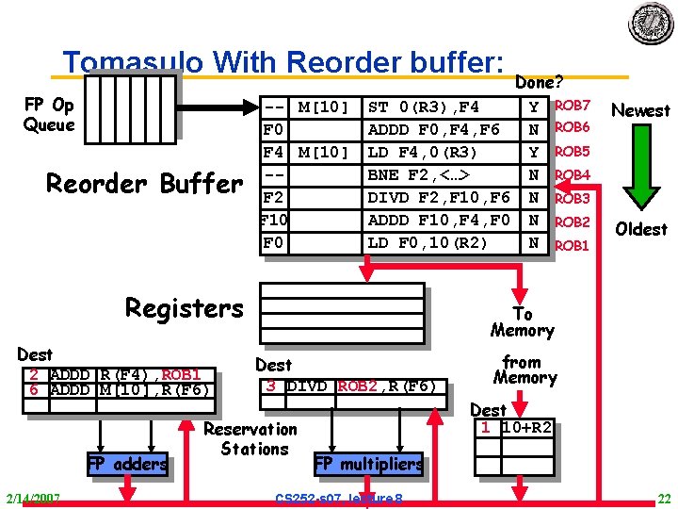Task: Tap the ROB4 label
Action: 573,174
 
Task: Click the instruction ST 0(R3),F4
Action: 423,106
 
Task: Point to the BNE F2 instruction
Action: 418,174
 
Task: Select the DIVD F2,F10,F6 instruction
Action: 439,197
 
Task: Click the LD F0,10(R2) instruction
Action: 428,243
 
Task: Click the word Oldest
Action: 640,229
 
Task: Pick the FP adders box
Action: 126,464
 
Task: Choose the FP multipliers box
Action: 367,464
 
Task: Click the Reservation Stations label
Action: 252,439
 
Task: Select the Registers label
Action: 184,308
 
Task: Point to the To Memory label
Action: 522,322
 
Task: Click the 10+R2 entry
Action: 527,427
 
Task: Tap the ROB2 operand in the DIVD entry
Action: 357,386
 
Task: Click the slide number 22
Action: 664,498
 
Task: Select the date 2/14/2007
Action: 32,498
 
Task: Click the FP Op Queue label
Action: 49,114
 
